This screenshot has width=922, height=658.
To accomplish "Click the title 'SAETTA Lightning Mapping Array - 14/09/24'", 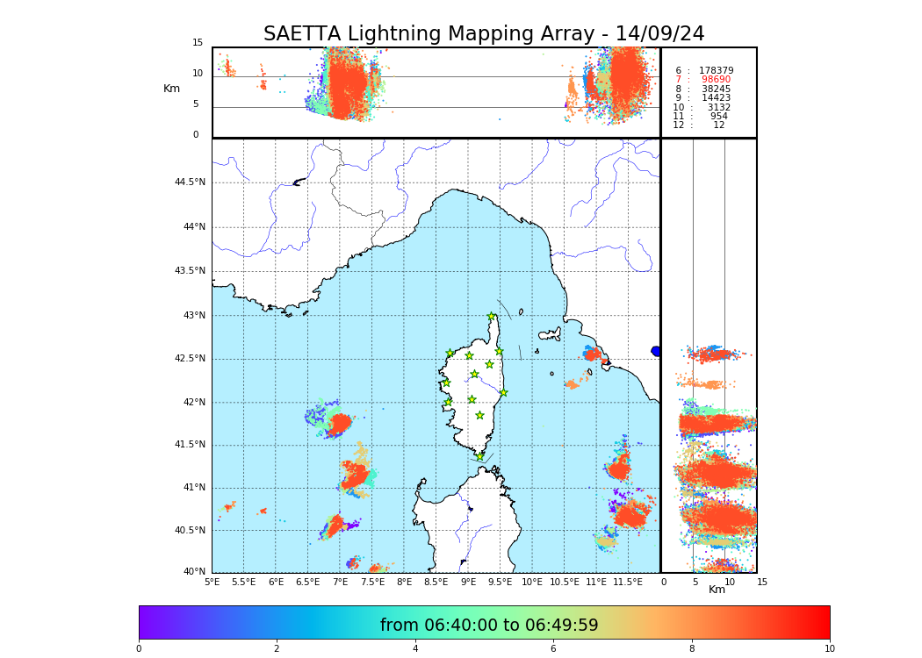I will coord(484,34).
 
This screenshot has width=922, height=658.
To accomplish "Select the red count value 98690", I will coord(716,80).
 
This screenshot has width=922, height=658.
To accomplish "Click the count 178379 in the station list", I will coord(716,70).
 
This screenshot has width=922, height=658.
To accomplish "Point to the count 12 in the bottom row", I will coord(718,125).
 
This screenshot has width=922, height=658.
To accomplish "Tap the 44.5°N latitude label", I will coord(190,182).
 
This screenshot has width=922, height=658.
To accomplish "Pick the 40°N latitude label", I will coord(194,572).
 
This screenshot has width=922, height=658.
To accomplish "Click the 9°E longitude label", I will coord(469,582).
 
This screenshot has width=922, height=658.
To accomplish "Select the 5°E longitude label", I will coord(212,582).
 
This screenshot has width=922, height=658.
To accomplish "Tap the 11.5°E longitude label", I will coord(628,582).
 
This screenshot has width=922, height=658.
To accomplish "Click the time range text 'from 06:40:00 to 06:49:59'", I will coord(489,626).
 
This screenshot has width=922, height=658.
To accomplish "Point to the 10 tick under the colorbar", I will coord(829,648).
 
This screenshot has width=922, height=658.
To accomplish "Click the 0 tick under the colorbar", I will coord(139,648).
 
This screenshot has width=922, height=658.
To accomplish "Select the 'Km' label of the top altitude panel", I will coord(171,89).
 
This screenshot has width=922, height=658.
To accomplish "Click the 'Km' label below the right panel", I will coord(717,590).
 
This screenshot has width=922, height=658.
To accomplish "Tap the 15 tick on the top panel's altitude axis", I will coord(198,43).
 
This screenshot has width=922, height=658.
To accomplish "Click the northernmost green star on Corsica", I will coord(492,317).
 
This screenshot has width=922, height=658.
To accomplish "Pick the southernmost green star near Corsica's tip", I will coord(479,456).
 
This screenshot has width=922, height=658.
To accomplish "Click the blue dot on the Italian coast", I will coord(655,351).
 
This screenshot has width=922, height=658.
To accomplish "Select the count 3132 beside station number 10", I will coord(718,107).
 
